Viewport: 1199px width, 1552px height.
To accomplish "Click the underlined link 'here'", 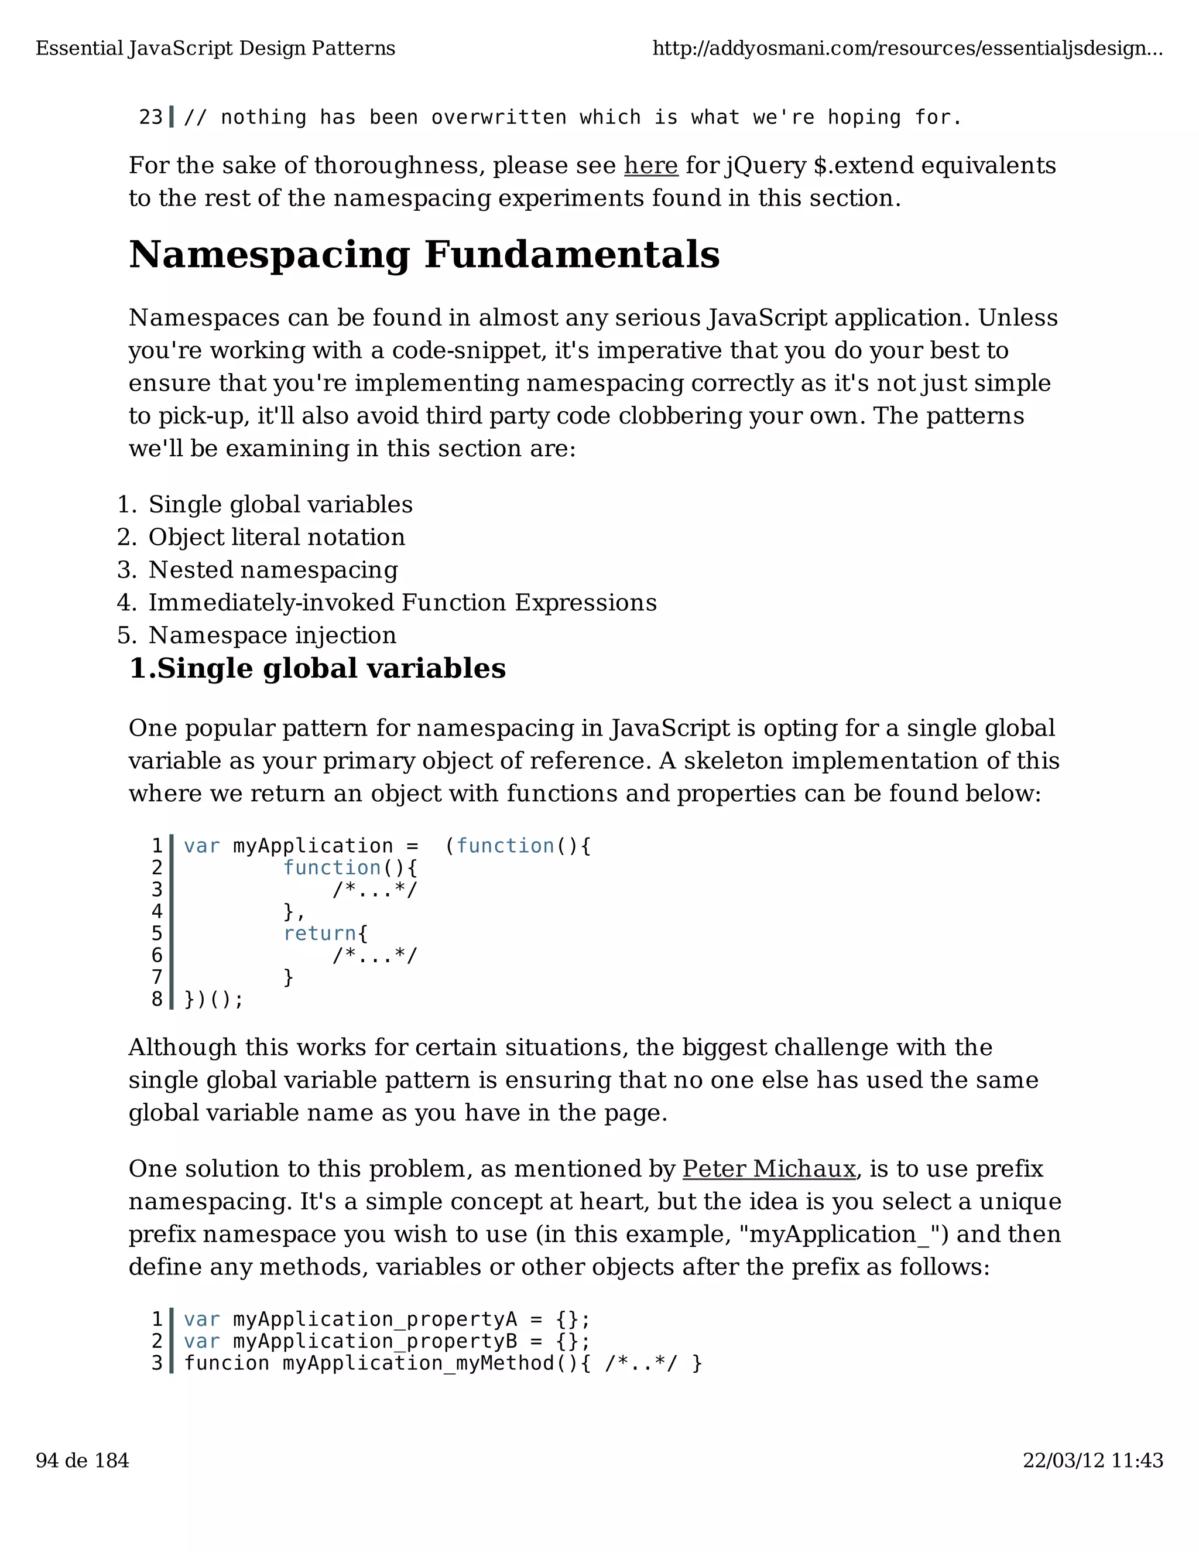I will click(650, 166).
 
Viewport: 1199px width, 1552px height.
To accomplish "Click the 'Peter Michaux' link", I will click(769, 1169).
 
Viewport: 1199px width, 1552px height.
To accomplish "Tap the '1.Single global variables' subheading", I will click(317, 669).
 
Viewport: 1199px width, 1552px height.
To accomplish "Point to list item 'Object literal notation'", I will click(276, 537).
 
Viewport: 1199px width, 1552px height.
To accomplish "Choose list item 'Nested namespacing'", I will click(273, 570).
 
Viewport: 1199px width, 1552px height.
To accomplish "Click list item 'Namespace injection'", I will click(272, 635).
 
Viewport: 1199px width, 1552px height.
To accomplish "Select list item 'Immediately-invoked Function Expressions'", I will click(402, 603).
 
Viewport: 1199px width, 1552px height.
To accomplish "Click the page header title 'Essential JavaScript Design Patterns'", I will click(215, 49).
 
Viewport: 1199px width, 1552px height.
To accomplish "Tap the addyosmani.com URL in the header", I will click(907, 49).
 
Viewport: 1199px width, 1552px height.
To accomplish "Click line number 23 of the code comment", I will click(150, 117).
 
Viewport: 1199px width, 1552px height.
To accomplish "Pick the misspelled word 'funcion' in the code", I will click(227, 1363).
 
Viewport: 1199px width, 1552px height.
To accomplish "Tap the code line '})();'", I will click(213, 1000).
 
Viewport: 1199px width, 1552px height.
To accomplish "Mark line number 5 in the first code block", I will click(157, 934).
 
